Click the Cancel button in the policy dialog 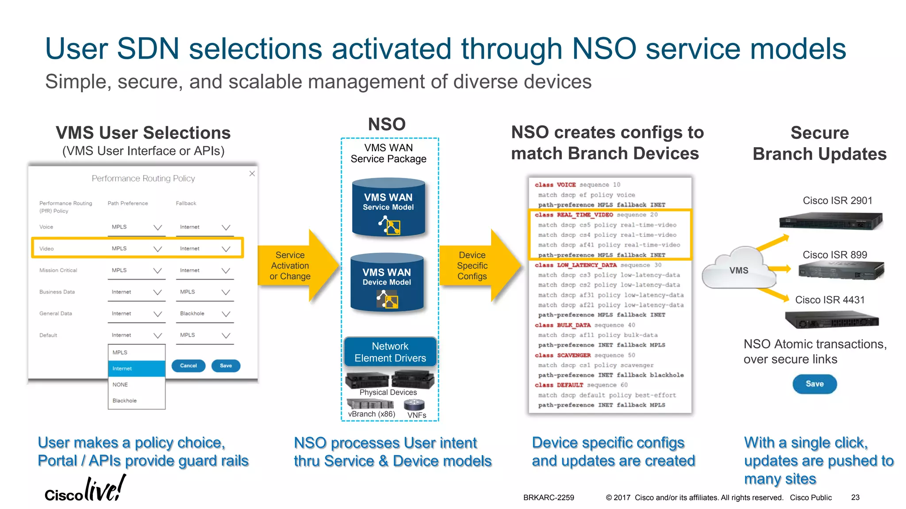click(188, 365)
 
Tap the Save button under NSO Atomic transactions click(814, 384)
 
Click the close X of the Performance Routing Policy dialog click(252, 174)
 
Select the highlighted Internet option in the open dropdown click(136, 368)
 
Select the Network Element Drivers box click(390, 352)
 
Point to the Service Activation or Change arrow click(296, 266)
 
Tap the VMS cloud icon click(738, 270)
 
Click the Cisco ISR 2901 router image click(830, 220)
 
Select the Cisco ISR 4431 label click(829, 300)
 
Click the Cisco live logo click(85, 490)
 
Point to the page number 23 click(855, 498)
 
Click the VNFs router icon click(414, 404)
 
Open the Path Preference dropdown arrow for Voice click(157, 227)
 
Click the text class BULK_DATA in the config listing click(562, 325)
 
